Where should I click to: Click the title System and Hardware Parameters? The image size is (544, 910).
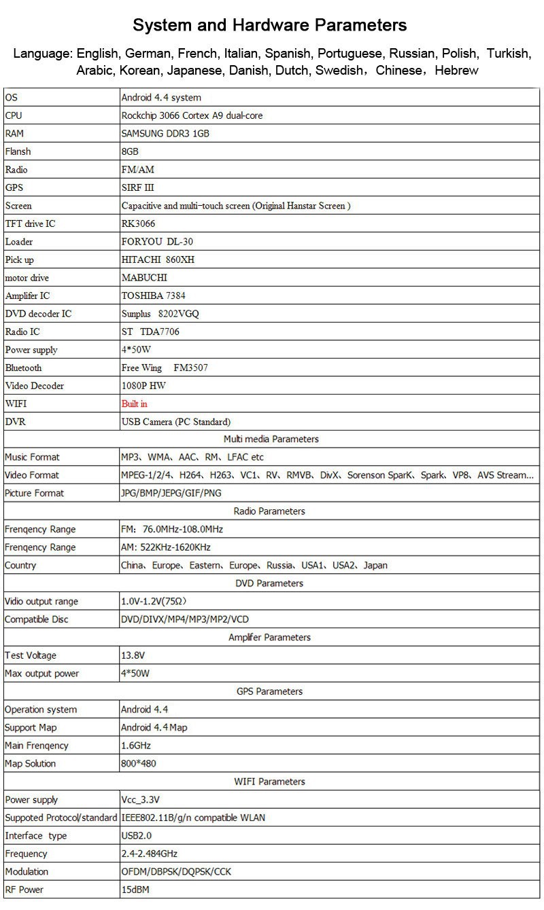pos(270,26)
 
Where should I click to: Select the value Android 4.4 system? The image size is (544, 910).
pos(161,98)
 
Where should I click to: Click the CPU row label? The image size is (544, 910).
pos(14,115)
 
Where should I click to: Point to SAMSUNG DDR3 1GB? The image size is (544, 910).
pos(165,134)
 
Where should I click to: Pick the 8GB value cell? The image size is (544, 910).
pos(130,151)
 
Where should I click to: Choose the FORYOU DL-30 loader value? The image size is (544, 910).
pos(152,242)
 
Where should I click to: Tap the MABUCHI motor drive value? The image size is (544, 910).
pos(143,278)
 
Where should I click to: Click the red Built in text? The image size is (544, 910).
pos(134,404)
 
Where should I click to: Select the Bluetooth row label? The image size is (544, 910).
pos(23,368)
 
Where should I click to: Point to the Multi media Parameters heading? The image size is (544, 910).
pos(271,439)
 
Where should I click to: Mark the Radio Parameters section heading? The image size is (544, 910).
pos(269,511)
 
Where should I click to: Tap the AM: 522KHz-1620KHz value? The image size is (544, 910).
pos(166,547)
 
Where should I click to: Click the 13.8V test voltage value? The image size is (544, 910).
pos(133,655)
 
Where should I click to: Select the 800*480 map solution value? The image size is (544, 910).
pos(138,763)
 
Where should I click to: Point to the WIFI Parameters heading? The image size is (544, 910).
pos(269,782)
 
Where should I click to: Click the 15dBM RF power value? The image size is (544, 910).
pos(135,890)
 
